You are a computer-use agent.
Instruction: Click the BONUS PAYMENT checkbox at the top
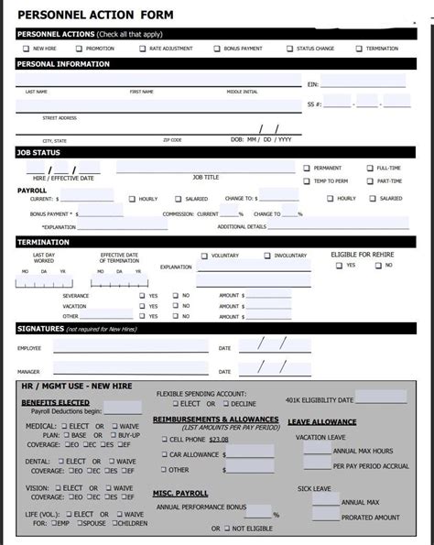[217, 49]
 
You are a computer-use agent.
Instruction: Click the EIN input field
[363, 83]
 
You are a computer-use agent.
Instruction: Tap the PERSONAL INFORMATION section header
[63, 64]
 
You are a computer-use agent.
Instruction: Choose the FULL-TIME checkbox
[369, 168]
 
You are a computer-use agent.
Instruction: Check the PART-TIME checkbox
[369, 180]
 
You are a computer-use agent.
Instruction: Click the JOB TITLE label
[205, 177]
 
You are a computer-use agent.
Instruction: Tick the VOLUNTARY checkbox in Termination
[204, 256]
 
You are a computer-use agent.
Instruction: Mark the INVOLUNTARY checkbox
[267, 256]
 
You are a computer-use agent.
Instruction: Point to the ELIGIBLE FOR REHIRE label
[363, 254]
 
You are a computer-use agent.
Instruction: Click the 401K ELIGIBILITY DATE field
[380, 398]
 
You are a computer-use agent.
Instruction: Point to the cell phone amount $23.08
[218, 440]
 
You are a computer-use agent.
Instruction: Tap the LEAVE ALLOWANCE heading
[321, 422]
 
